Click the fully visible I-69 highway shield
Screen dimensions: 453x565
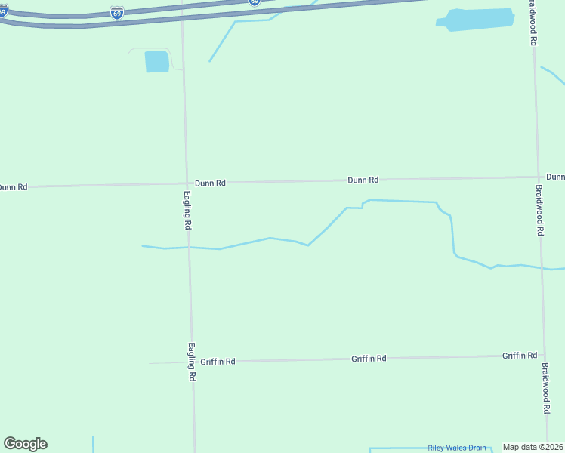[x=116, y=13]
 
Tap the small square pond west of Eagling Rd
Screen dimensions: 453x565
[x=157, y=62]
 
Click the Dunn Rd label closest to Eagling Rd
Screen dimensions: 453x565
[x=210, y=183]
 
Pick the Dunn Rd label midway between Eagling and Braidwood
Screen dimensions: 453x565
[x=363, y=180]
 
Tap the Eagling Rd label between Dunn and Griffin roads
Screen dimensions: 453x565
[x=187, y=209]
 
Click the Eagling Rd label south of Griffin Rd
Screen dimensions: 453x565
[x=192, y=361]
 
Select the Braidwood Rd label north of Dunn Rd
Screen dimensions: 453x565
[x=533, y=26]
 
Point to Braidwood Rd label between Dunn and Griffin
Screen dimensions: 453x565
[x=539, y=211]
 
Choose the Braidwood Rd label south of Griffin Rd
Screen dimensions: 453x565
[x=545, y=387]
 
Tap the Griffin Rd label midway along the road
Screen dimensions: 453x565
[x=369, y=359]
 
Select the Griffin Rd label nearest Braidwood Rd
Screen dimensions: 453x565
[x=520, y=355]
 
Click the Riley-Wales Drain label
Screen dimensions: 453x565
[x=456, y=448]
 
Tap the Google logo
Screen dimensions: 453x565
[x=25, y=444]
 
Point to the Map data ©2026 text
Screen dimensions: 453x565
[x=533, y=447]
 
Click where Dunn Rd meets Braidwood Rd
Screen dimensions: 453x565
[x=538, y=177]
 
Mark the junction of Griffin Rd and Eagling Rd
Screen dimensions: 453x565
[x=191, y=362]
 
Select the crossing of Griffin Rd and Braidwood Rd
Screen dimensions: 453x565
[x=543, y=355]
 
